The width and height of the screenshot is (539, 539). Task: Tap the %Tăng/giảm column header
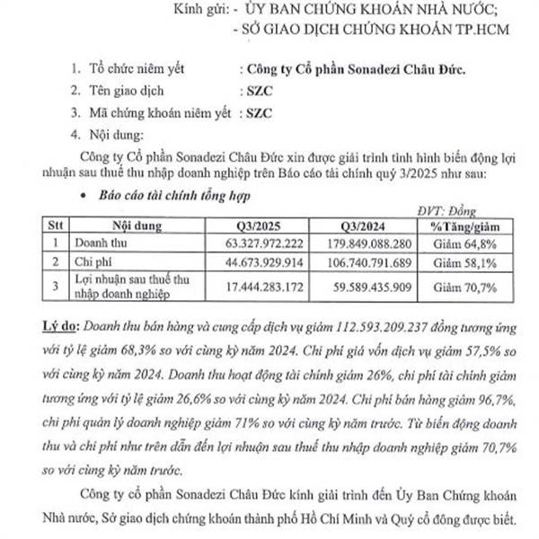click(x=464, y=225)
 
